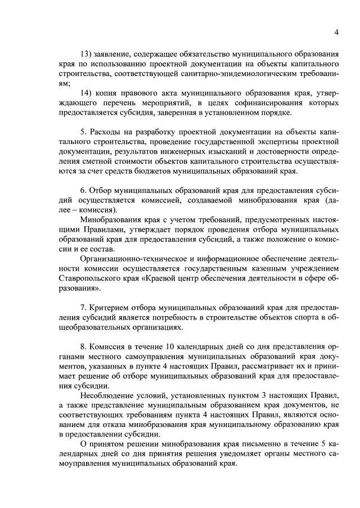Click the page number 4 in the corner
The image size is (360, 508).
[336, 32]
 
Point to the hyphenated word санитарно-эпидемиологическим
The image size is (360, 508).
[232, 74]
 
